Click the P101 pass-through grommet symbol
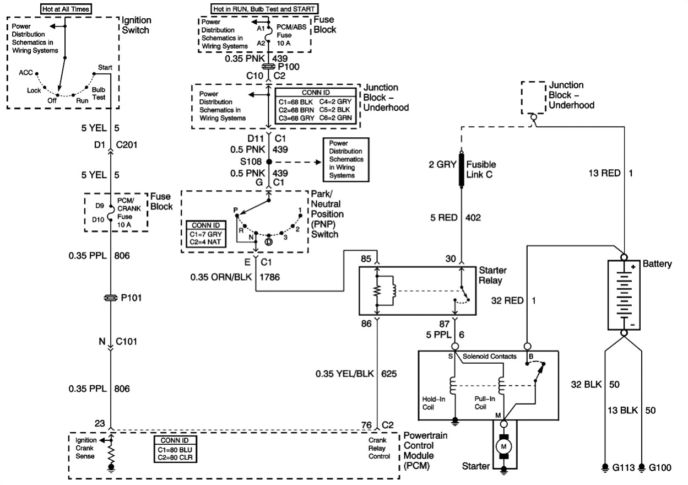tap(111, 298)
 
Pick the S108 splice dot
tap(269, 162)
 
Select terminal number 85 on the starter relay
tap(366, 258)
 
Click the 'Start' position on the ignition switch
tap(105, 67)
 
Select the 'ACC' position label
tap(26, 72)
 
